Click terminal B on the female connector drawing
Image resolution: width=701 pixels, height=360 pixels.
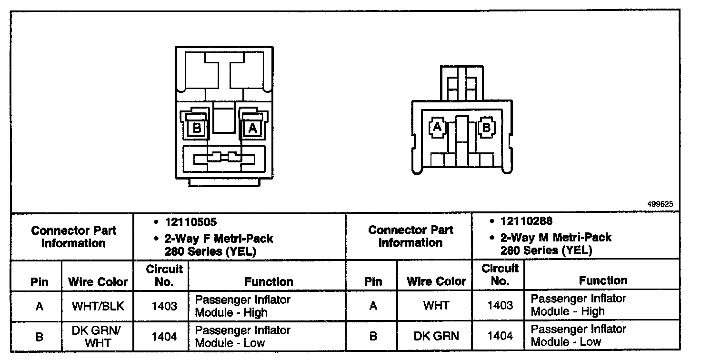tap(196, 128)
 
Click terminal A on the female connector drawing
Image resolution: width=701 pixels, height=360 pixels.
tap(252, 128)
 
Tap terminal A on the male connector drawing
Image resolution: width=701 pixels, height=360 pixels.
tap(437, 127)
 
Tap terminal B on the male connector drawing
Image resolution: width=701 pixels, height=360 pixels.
tap(486, 127)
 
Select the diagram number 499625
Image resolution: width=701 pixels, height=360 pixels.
tap(660, 204)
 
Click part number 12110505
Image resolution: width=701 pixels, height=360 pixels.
tap(190, 222)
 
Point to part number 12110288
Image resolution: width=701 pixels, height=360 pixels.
tap(526, 221)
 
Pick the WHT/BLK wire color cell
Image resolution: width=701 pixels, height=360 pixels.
tap(98, 306)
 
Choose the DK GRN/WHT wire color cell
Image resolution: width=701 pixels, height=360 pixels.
tap(98, 336)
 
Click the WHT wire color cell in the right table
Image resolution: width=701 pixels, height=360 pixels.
tap(436, 305)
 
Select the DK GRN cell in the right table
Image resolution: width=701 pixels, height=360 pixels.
tap(436, 336)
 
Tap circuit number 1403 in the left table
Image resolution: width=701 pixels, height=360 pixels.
tap(164, 306)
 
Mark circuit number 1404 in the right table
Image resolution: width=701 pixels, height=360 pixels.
tap(500, 336)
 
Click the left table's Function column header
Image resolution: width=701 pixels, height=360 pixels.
tap(269, 282)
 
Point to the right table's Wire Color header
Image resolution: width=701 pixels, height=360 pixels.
tap(436, 281)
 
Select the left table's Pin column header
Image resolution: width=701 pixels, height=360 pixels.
tap(40, 282)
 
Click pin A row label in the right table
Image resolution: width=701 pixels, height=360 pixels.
tap(373, 305)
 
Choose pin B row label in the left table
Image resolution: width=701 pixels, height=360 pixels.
tap(40, 337)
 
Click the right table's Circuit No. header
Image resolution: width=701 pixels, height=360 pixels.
tap(500, 275)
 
